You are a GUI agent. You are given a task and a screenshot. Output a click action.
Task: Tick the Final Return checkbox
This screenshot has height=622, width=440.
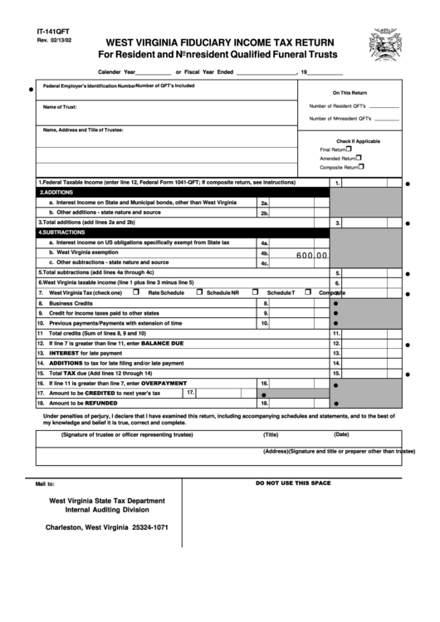pos(350,149)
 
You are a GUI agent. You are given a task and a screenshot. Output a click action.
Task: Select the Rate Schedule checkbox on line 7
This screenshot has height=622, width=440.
pos(142,292)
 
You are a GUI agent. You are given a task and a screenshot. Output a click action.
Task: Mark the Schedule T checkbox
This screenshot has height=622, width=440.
pos(255,292)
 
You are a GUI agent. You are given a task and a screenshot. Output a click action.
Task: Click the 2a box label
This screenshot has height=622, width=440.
pos(264,203)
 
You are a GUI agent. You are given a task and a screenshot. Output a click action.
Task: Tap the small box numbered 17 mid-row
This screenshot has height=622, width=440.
pos(190,392)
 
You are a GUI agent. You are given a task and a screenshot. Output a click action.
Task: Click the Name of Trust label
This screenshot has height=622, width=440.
pos(60,107)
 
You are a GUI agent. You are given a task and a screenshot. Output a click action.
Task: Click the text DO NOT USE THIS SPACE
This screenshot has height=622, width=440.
pos(293,482)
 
